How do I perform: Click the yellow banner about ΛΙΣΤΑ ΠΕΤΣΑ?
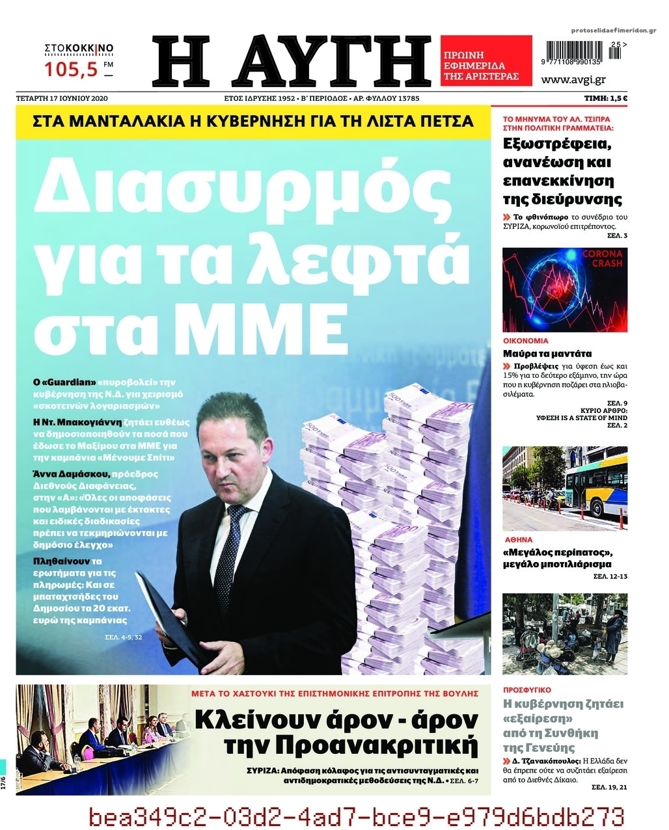(253, 121)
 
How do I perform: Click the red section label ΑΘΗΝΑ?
(519, 540)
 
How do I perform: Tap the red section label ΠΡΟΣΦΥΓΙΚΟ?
(528, 689)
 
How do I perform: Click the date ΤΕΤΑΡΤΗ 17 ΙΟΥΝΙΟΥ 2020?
(62, 98)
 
